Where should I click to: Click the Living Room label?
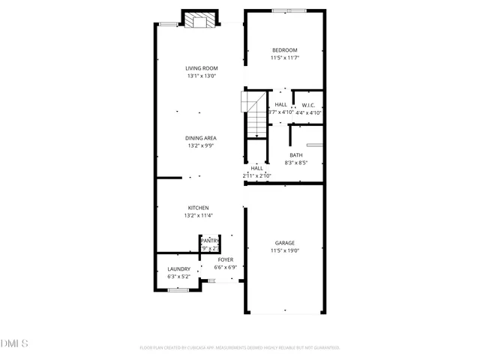(x=201, y=68)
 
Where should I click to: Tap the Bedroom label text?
(x=284, y=50)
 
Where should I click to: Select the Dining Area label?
(x=201, y=138)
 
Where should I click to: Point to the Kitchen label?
(x=199, y=208)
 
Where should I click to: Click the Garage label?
(x=284, y=243)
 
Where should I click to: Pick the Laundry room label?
(x=178, y=269)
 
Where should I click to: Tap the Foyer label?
(x=225, y=259)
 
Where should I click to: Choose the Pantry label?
(x=210, y=241)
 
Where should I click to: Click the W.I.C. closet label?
(x=307, y=105)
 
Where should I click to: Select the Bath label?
(x=296, y=155)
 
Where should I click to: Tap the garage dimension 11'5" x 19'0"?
(x=284, y=251)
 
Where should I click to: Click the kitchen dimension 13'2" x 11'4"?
(x=199, y=216)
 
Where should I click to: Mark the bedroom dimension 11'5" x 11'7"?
(x=284, y=58)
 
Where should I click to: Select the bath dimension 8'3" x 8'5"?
(x=296, y=163)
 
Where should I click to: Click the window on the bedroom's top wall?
(x=283, y=10)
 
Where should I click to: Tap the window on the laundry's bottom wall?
(x=178, y=289)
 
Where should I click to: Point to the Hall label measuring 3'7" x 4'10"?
(x=280, y=105)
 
